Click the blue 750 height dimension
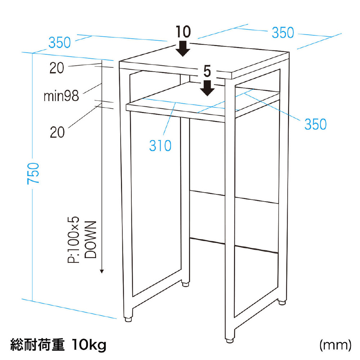[33, 173]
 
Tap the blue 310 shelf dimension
[160, 145]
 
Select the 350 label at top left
[59, 42]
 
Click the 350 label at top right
[283, 33]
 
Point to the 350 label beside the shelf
[315, 124]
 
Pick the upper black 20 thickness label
[57, 68]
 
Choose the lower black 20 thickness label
[57, 132]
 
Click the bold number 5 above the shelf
[207, 71]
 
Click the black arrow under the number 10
[183, 49]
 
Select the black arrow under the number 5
[207, 88]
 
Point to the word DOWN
[90, 240]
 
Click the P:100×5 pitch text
[73, 240]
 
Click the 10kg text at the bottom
[89, 345]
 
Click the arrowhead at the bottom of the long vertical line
[102, 271]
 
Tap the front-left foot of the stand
[129, 319]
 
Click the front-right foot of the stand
[230, 341]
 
